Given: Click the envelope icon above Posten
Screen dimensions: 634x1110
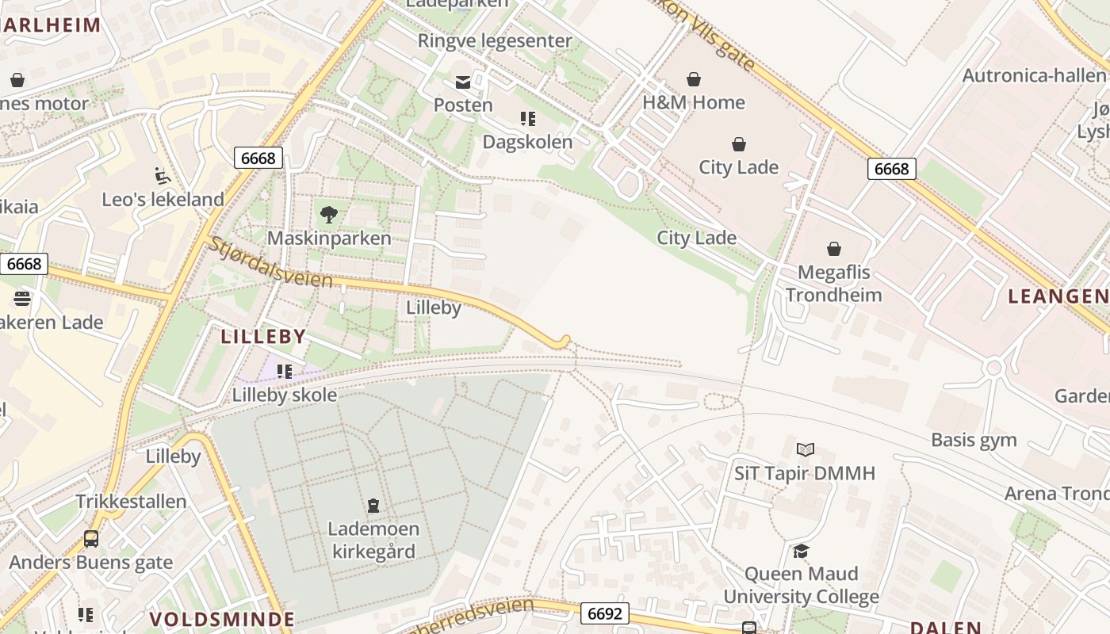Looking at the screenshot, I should coord(462,82).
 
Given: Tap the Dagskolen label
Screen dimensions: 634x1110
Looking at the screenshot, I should coord(527,142).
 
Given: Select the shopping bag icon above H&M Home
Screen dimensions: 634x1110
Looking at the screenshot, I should coord(694,79).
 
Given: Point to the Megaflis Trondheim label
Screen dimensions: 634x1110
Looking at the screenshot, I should coord(833,284).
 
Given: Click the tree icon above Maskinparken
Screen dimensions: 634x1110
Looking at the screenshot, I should coord(328,214).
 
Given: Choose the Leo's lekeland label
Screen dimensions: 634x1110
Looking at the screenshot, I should coord(163,199).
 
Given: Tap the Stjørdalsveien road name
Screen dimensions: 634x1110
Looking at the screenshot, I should coord(270,262).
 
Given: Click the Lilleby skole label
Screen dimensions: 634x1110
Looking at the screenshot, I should coord(284,395).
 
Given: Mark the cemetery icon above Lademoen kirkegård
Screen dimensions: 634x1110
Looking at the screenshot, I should coord(373,505).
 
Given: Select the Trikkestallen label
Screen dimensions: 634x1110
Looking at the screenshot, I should coord(131,502).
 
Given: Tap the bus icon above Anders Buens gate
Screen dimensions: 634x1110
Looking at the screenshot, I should coord(91,539).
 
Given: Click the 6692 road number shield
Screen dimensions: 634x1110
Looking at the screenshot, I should coord(605,613).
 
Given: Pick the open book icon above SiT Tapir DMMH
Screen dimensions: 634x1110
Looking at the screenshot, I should coord(805,450).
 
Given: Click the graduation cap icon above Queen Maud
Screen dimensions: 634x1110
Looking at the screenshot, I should coord(801,551).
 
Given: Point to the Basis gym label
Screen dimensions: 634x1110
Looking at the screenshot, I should coord(974,440).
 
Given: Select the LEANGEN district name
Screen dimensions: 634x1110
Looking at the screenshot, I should coord(1058,296).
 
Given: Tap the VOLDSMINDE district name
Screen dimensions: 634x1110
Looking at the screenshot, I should coord(222,619).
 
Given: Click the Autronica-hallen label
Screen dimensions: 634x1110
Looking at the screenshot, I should coord(1033,75).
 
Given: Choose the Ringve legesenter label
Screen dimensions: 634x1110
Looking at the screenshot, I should coord(494,40).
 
